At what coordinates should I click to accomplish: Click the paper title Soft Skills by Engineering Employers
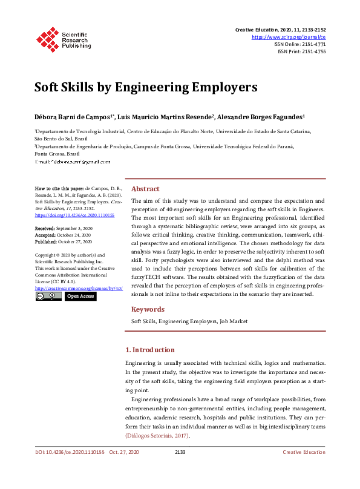tap(146, 87)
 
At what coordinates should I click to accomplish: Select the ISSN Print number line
tap(301, 51)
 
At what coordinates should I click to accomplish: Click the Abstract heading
tap(145, 189)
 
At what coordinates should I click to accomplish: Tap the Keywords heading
tap(148, 309)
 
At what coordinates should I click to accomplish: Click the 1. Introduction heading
tap(158, 350)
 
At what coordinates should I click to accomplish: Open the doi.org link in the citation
tap(66, 214)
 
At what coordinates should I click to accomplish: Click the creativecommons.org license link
tap(79, 288)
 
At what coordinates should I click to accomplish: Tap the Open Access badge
tap(80, 297)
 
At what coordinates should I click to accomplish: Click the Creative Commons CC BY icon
tap(48, 297)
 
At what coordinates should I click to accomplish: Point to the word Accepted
tap(45, 234)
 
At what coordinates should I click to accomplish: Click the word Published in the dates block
tap(47, 241)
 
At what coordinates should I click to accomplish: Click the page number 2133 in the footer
tap(180, 469)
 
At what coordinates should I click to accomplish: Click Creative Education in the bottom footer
tap(304, 469)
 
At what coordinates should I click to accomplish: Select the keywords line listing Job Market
tap(189, 321)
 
